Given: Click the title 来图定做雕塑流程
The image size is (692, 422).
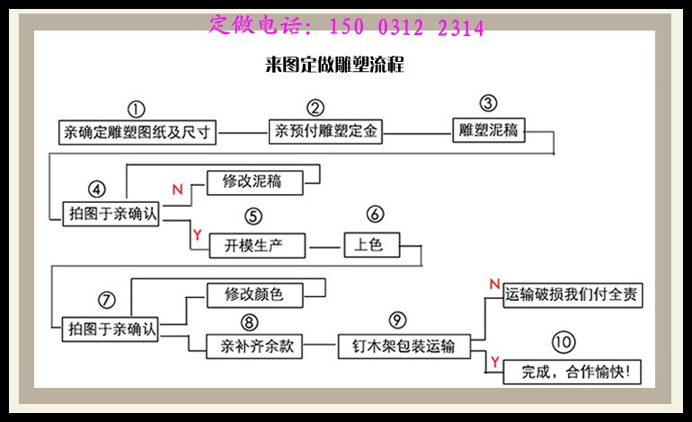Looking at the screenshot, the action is tap(335, 65).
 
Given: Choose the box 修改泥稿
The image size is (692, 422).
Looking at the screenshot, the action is tap(252, 181).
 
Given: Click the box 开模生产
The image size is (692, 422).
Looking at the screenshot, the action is tap(257, 245).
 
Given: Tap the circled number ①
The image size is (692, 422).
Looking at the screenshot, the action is tap(136, 109).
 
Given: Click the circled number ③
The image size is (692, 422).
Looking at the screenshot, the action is tap(488, 104).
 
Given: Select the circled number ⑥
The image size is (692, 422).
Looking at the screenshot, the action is tap(376, 216).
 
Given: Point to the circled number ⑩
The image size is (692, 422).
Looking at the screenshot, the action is tap(563, 342).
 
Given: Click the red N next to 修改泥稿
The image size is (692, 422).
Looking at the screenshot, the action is tap(177, 189).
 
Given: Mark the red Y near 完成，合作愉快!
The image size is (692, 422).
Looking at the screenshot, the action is tap(493, 362).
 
